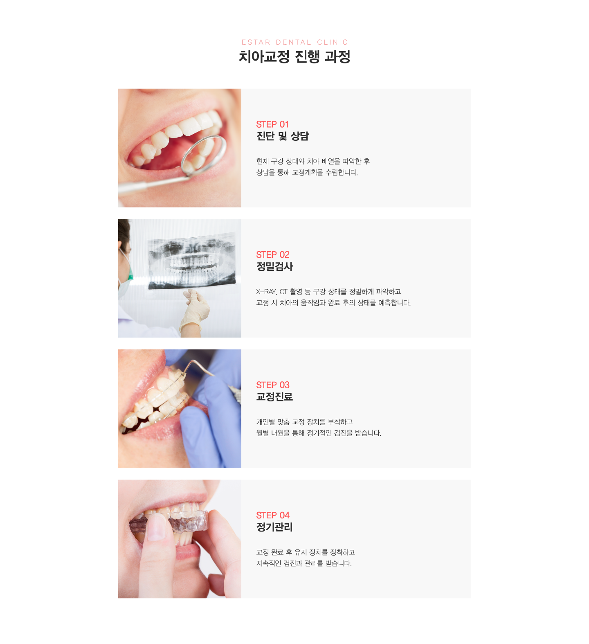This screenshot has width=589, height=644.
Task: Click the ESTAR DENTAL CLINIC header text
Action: point(294,42)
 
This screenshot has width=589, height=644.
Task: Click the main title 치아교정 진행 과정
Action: point(294,57)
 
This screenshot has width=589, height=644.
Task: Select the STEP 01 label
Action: point(272,124)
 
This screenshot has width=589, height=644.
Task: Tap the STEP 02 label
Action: point(273,254)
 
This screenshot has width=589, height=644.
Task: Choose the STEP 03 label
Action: point(273,385)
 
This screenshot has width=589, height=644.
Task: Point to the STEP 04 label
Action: point(273,515)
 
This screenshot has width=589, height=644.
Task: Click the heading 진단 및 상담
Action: point(282,136)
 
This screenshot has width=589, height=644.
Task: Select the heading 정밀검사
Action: point(274,266)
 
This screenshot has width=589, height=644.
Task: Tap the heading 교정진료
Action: point(274,397)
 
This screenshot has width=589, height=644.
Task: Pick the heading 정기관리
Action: point(274,527)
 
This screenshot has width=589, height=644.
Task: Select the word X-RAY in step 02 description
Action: point(266,292)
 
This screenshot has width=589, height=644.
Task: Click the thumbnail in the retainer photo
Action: point(156,528)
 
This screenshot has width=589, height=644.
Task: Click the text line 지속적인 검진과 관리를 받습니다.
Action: point(304,563)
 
